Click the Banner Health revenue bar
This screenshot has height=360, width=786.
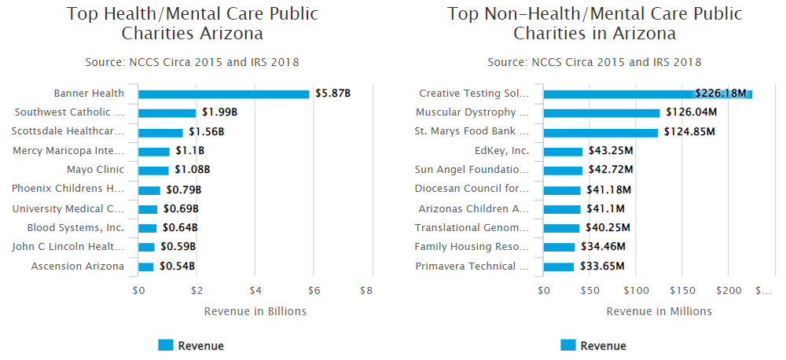point(224,94)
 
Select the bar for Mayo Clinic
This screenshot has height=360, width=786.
point(154,170)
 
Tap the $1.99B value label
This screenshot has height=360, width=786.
point(219,112)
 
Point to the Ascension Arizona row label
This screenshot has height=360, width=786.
point(78,266)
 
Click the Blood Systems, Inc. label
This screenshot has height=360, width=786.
point(75,228)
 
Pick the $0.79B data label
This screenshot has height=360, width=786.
point(182,189)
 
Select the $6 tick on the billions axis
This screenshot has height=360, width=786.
point(314,290)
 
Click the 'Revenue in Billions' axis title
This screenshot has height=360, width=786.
point(255,311)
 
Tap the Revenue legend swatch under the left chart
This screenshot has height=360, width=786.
point(165,345)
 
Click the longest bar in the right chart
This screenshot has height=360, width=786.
point(648,94)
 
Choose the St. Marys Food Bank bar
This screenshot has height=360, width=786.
point(601,132)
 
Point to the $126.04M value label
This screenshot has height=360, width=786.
point(691,112)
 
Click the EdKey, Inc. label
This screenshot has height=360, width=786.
point(502,151)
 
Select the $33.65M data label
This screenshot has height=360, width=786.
point(601,266)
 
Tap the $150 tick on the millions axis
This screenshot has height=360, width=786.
point(682,290)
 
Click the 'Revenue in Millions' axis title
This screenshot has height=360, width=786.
point(659,311)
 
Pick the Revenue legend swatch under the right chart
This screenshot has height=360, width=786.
point(567,345)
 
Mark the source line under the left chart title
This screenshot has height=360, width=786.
point(192,62)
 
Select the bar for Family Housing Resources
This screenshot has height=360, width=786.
point(560,247)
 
